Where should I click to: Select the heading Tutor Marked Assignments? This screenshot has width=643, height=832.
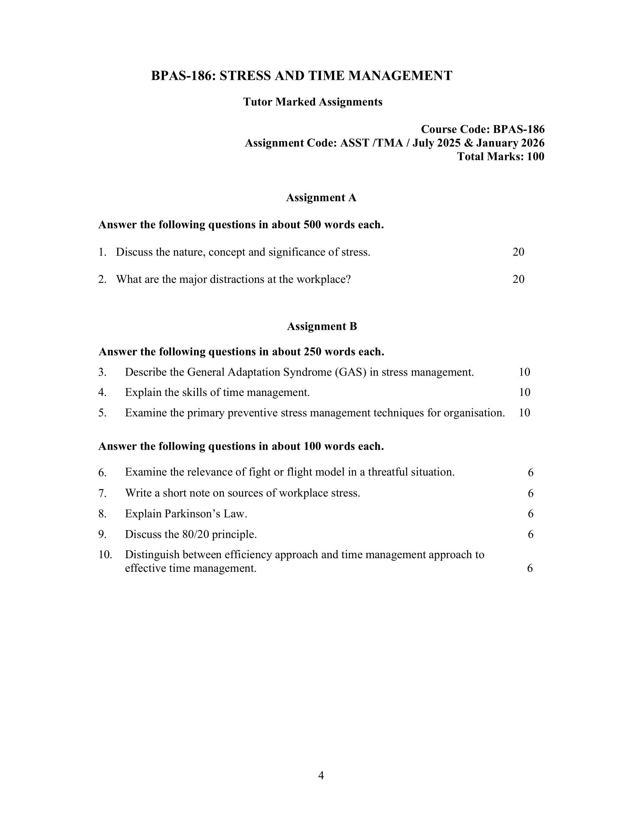(x=313, y=102)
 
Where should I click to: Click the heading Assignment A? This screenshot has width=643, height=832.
(x=321, y=198)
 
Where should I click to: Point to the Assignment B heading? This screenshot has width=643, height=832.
(x=322, y=326)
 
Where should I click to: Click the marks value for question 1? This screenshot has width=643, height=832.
(x=519, y=252)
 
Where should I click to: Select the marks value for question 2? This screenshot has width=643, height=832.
(x=519, y=279)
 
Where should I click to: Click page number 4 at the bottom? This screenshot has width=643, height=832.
(x=321, y=776)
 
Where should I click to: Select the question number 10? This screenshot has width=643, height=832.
(x=105, y=555)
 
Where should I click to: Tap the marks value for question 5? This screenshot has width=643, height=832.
(x=525, y=413)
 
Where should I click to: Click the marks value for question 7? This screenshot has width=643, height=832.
(x=531, y=493)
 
